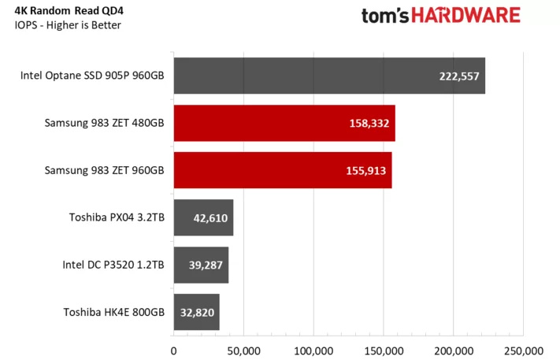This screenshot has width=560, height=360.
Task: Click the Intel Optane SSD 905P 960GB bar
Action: pos(328,76)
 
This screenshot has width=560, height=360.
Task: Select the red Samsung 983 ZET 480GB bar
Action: pos(284,124)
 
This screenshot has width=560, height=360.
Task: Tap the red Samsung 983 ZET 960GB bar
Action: pos(282,171)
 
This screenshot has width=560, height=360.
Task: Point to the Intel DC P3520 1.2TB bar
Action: pos(201,265)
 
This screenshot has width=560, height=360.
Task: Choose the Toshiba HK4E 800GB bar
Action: pos(196,312)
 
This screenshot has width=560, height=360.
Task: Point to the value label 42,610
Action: pos(206,218)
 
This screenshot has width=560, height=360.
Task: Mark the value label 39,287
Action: pos(202,265)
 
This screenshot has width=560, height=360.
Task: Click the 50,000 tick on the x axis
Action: pos(243,350)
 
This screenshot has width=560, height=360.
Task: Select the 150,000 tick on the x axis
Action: pos(384,350)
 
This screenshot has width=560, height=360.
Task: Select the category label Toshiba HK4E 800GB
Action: pos(113,312)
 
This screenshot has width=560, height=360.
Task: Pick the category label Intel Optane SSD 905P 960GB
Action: pos(93,76)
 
